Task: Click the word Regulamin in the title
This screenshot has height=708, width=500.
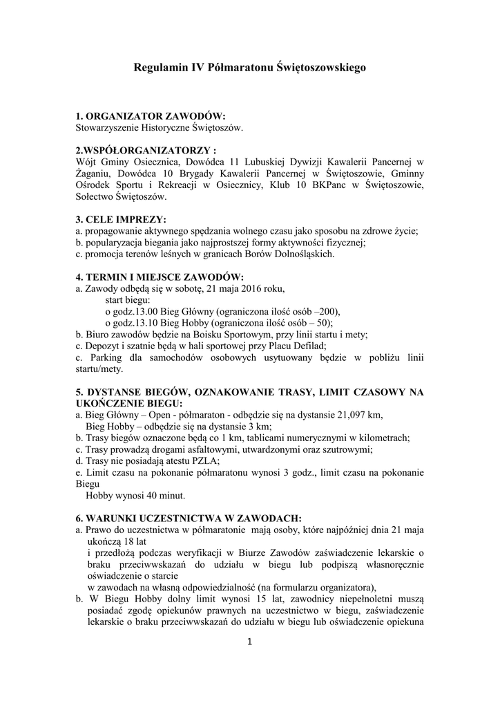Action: (158, 68)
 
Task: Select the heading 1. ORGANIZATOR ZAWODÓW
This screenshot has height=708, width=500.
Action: (151, 116)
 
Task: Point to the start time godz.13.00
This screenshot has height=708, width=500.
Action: (136, 311)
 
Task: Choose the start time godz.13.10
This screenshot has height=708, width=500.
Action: (136, 322)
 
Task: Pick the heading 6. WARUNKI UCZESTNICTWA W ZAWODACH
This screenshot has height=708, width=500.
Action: (188, 518)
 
